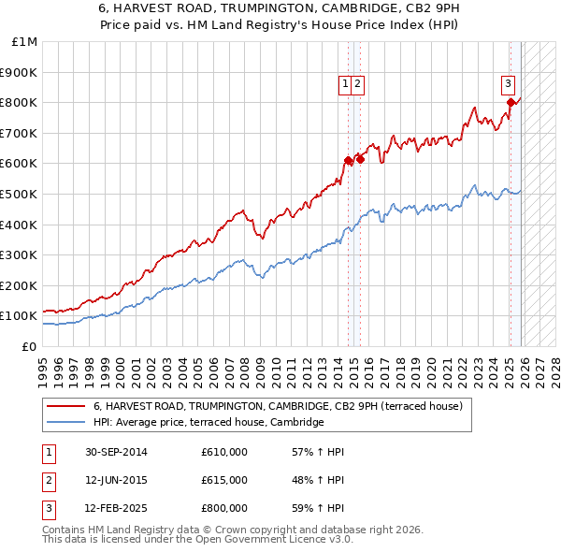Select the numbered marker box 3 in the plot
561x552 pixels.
pos(508,83)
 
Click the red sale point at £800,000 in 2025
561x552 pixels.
pos(511,102)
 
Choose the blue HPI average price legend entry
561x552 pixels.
pos(208,423)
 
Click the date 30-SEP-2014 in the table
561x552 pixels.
pos(116,452)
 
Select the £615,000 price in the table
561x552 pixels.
pos(223,480)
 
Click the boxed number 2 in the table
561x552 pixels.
pos(48,480)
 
